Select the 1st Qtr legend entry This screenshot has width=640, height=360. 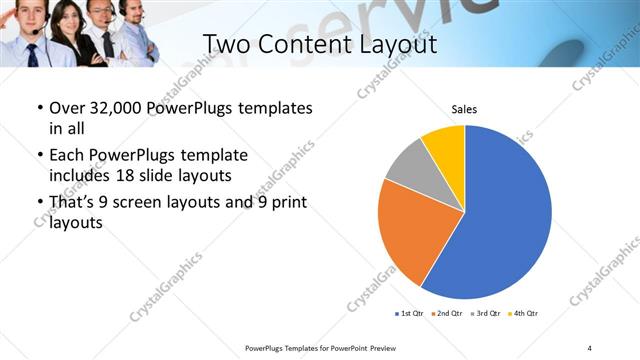(x=411, y=314)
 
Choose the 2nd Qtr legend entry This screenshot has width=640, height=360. (x=446, y=314)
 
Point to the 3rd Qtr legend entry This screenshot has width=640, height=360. (x=483, y=314)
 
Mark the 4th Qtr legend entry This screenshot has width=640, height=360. (x=521, y=314)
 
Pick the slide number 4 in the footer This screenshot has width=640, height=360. (x=589, y=348)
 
